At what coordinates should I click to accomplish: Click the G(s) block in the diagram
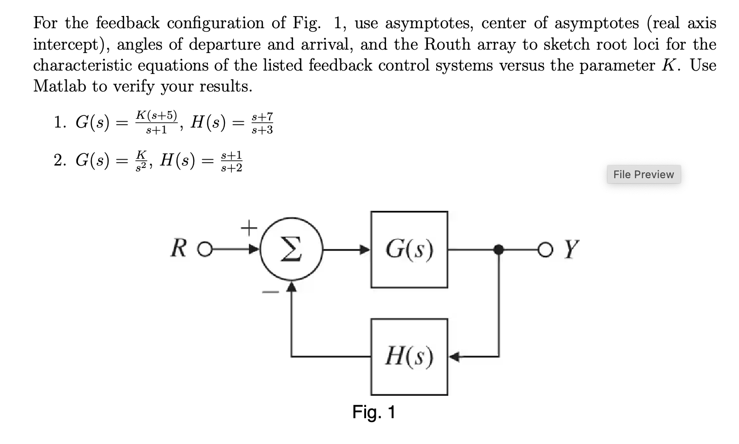pos(409,250)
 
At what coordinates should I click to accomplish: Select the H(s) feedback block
pos(409,357)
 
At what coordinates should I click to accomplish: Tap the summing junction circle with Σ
pos(291,250)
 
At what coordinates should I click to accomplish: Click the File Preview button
pos(643,174)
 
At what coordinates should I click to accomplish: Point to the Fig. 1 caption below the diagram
pos(374,412)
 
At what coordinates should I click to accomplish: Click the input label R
pos(179,249)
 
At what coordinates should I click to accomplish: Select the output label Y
pos(572,250)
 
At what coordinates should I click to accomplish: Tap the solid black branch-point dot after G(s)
pos(498,250)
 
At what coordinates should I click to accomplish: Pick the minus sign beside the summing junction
pos(271,292)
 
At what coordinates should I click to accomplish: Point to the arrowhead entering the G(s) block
pos(365,250)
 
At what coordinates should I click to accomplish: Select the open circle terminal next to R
pos(205,250)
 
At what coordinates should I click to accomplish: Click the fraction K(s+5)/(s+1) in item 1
pos(156,122)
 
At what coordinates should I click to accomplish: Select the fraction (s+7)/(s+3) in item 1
pos(262,123)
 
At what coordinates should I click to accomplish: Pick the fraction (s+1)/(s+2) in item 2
pos(231,162)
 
